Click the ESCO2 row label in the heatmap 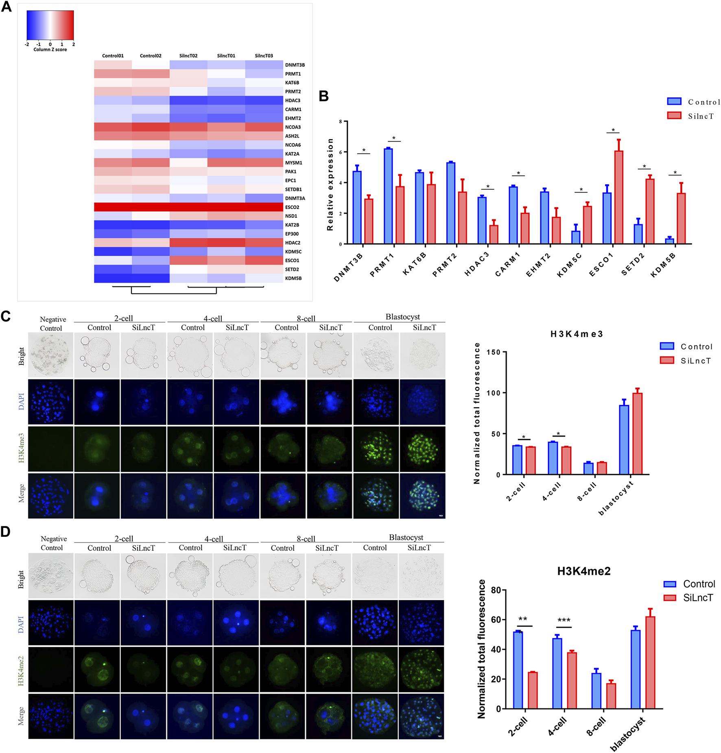pos(292,207)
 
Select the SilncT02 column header pos(188,56)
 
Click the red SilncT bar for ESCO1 pos(618,197)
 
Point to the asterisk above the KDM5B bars pos(675,173)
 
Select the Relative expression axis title pos(330,184)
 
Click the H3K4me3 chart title pos(576,334)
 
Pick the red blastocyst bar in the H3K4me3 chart pos(637,433)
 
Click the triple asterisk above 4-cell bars pos(564,620)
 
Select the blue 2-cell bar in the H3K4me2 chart pos(518,670)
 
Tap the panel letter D pos(6,532)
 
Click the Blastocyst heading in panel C pos(402,317)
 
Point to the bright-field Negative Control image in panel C pos(50,355)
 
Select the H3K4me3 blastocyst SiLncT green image pos(422,449)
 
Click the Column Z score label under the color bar pos(50,50)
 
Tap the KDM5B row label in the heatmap pos(293,278)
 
